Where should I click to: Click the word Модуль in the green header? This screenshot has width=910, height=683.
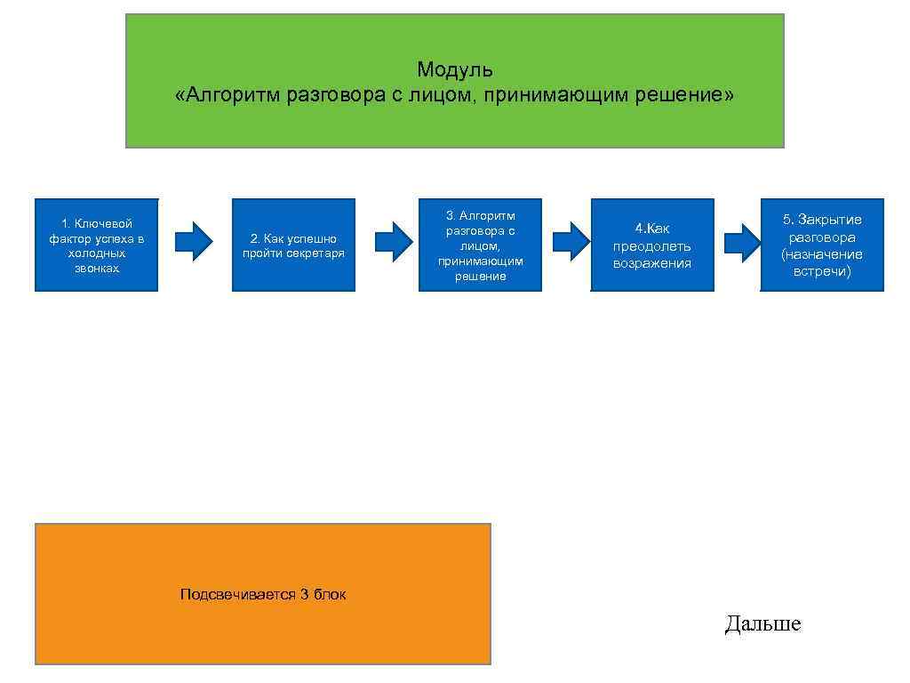pos(454,69)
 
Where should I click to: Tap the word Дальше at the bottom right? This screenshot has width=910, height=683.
pos(762,624)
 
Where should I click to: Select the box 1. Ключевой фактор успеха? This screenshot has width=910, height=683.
pos(96,245)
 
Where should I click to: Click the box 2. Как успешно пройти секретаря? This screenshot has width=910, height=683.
pos(293,245)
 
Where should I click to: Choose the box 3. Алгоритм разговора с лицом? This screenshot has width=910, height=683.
pos(480,245)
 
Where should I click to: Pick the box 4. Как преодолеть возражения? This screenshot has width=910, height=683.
pos(651,245)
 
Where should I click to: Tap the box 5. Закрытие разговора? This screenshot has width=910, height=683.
pos(822,245)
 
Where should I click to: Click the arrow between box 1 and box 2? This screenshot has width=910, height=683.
pos(194,241)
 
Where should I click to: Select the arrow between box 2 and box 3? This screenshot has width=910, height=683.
pos(394,241)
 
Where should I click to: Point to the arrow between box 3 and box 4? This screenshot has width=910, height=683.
pos(571,241)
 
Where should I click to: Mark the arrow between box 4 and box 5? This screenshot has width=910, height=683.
pos(743,241)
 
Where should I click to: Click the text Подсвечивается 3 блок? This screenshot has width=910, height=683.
pos(263,595)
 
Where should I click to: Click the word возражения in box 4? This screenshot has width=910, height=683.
pos(651,263)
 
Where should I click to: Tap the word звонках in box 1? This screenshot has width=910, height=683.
pos(97,268)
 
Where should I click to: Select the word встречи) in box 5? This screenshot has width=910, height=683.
pos(822,271)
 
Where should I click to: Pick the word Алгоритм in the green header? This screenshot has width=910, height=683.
pos(228,95)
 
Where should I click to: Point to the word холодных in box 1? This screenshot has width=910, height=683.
pos(97,253)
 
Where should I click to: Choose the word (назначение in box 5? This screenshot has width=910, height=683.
pos(822,254)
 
